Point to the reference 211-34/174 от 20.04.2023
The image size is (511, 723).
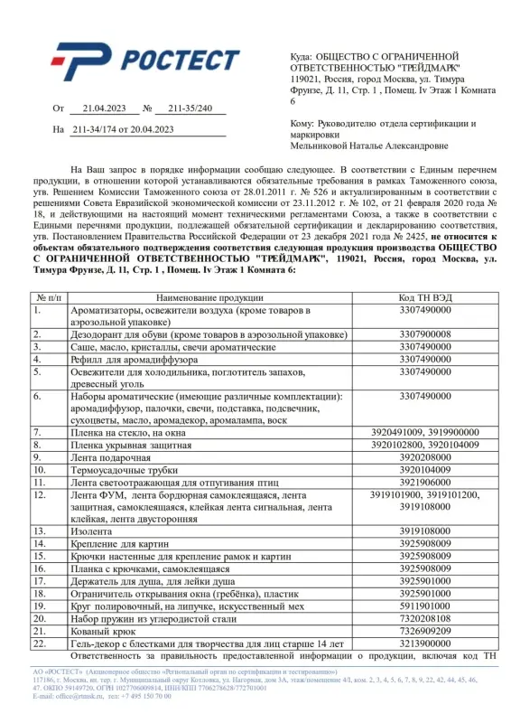pos(122,129)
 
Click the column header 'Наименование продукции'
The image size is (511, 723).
pos(209,297)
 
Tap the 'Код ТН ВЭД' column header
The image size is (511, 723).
pos(424,297)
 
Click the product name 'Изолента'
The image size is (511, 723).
pos(93,531)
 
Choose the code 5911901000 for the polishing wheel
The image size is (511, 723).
pos(424,606)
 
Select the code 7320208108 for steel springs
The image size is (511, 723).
pos(424,618)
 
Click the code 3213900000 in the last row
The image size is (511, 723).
pos(424,643)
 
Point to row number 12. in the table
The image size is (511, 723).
pos(40,494)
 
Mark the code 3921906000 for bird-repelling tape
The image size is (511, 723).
pos(424,483)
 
